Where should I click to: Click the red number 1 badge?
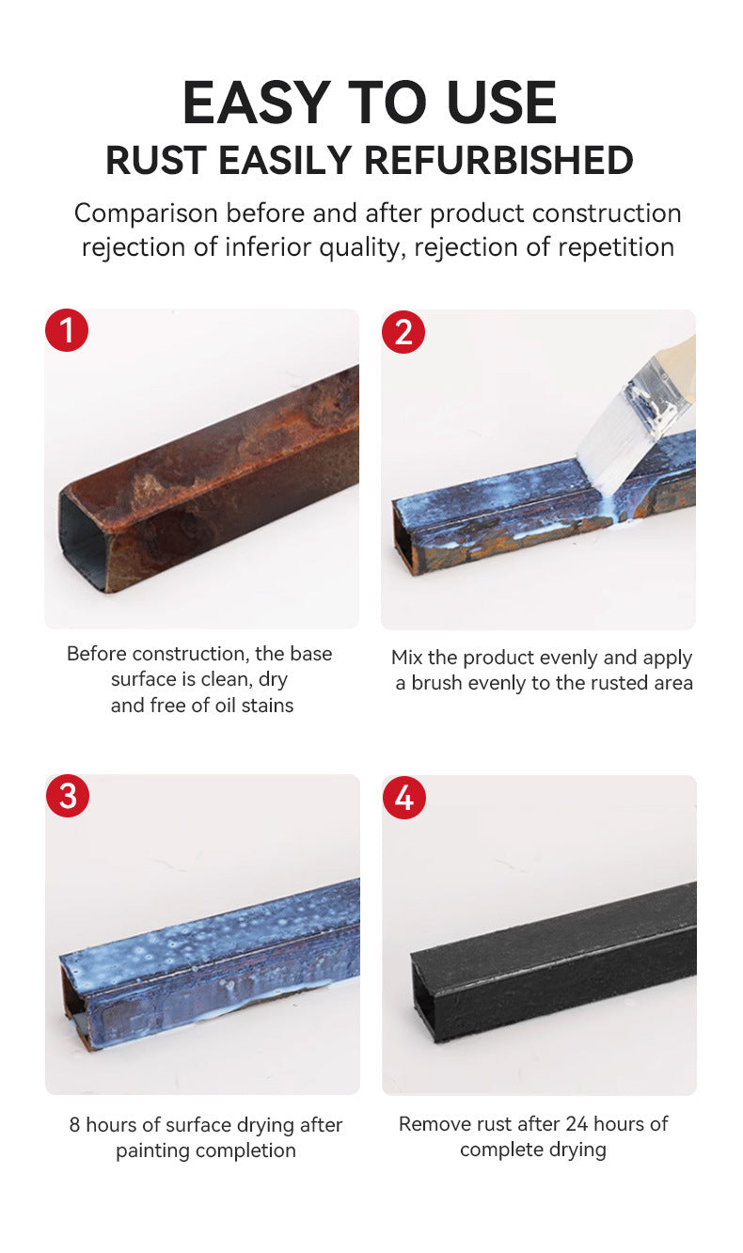click(67, 330)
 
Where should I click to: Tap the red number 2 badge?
click(403, 332)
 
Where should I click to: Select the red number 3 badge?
click(68, 796)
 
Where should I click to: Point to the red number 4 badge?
click(404, 798)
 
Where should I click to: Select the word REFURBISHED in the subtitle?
click(498, 161)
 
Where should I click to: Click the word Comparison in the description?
click(146, 214)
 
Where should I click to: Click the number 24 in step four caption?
click(577, 1124)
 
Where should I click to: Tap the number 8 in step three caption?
click(74, 1125)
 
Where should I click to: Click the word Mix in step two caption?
click(407, 658)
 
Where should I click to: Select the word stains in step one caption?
click(268, 706)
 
